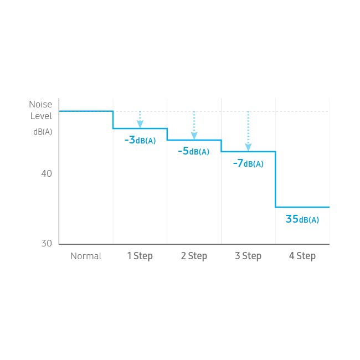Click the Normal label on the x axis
click(x=86, y=256)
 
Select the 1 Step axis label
click(x=140, y=256)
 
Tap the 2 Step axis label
click(x=194, y=256)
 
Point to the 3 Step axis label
click(x=248, y=256)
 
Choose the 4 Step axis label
click(x=302, y=256)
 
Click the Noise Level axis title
click(x=41, y=110)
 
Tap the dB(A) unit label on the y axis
click(x=43, y=131)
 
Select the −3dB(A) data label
click(x=140, y=140)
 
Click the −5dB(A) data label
click(x=194, y=151)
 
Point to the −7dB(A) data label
click(x=248, y=163)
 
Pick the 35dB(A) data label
click(x=302, y=219)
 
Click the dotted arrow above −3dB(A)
click(x=140, y=120)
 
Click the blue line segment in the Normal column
click(x=86, y=111)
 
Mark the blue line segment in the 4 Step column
click(x=302, y=207)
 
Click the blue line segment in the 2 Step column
click(x=194, y=140)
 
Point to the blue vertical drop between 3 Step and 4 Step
click(x=275, y=179)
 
